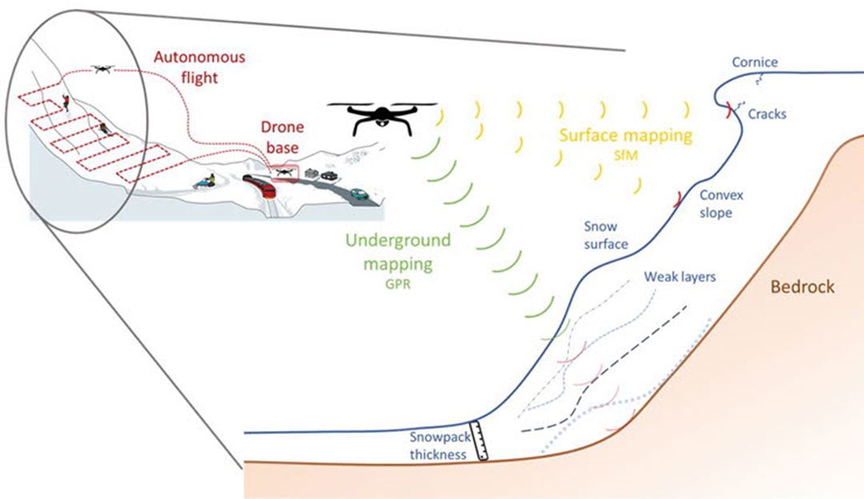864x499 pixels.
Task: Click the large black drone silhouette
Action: [382, 117]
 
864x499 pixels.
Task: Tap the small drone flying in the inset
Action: [102, 69]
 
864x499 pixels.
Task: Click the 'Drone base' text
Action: [282, 138]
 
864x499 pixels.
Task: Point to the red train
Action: [261, 187]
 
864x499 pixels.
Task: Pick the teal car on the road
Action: [358, 192]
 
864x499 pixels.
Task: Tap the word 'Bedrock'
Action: [802, 286]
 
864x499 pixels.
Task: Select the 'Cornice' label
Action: [755, 62]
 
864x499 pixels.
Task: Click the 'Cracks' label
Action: [767, 115]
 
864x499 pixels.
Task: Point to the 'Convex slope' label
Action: [716, 204]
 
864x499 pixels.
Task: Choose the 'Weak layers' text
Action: [680, 277]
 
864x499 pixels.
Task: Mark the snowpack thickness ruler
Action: [479, 441]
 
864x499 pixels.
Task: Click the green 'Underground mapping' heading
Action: [398, 252]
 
